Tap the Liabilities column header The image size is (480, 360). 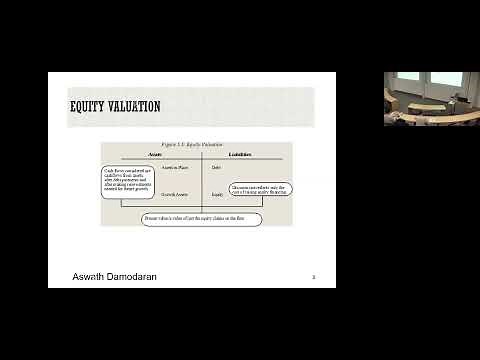[x=239, y=155]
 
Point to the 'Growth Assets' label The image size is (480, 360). [x=175, y=193]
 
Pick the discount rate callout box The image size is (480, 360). [x=260, y=188]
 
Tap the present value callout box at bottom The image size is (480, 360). [x=201, y=217]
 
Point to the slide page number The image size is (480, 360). [x=314, y=276]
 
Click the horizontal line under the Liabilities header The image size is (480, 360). [x=244, y=160]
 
